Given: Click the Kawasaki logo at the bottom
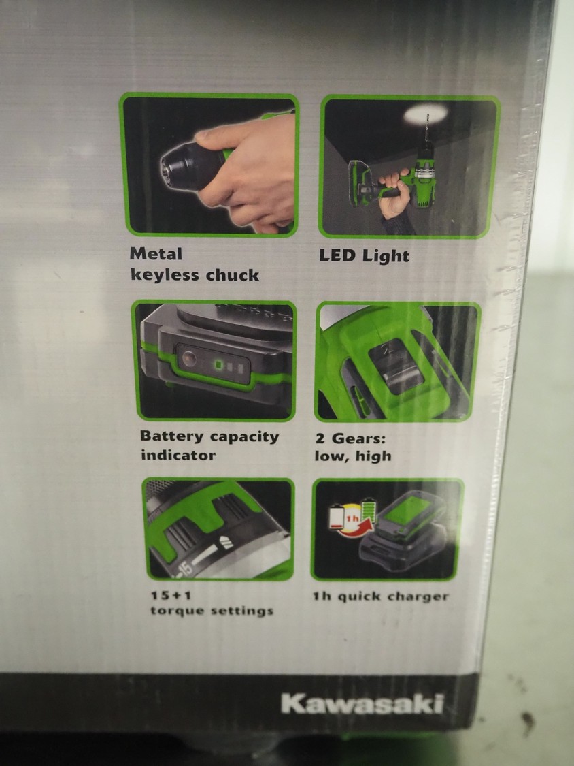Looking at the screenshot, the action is pos(362,704).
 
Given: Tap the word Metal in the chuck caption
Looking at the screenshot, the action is pos(156,253).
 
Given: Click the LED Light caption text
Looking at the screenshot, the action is pos(364,256).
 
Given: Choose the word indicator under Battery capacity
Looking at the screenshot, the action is pos(178,455).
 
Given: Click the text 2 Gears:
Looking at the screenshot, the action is pos(350,438).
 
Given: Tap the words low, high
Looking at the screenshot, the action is pos(353,456).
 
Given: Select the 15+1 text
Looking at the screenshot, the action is pos(163,596).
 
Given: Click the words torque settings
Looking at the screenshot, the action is pos(212,611).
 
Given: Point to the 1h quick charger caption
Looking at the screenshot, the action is pos(381,596).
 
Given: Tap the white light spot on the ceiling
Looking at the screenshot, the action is pos(425,114).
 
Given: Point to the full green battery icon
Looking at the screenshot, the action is pos(368,511).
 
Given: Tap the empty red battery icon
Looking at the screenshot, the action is pos(337,516).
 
